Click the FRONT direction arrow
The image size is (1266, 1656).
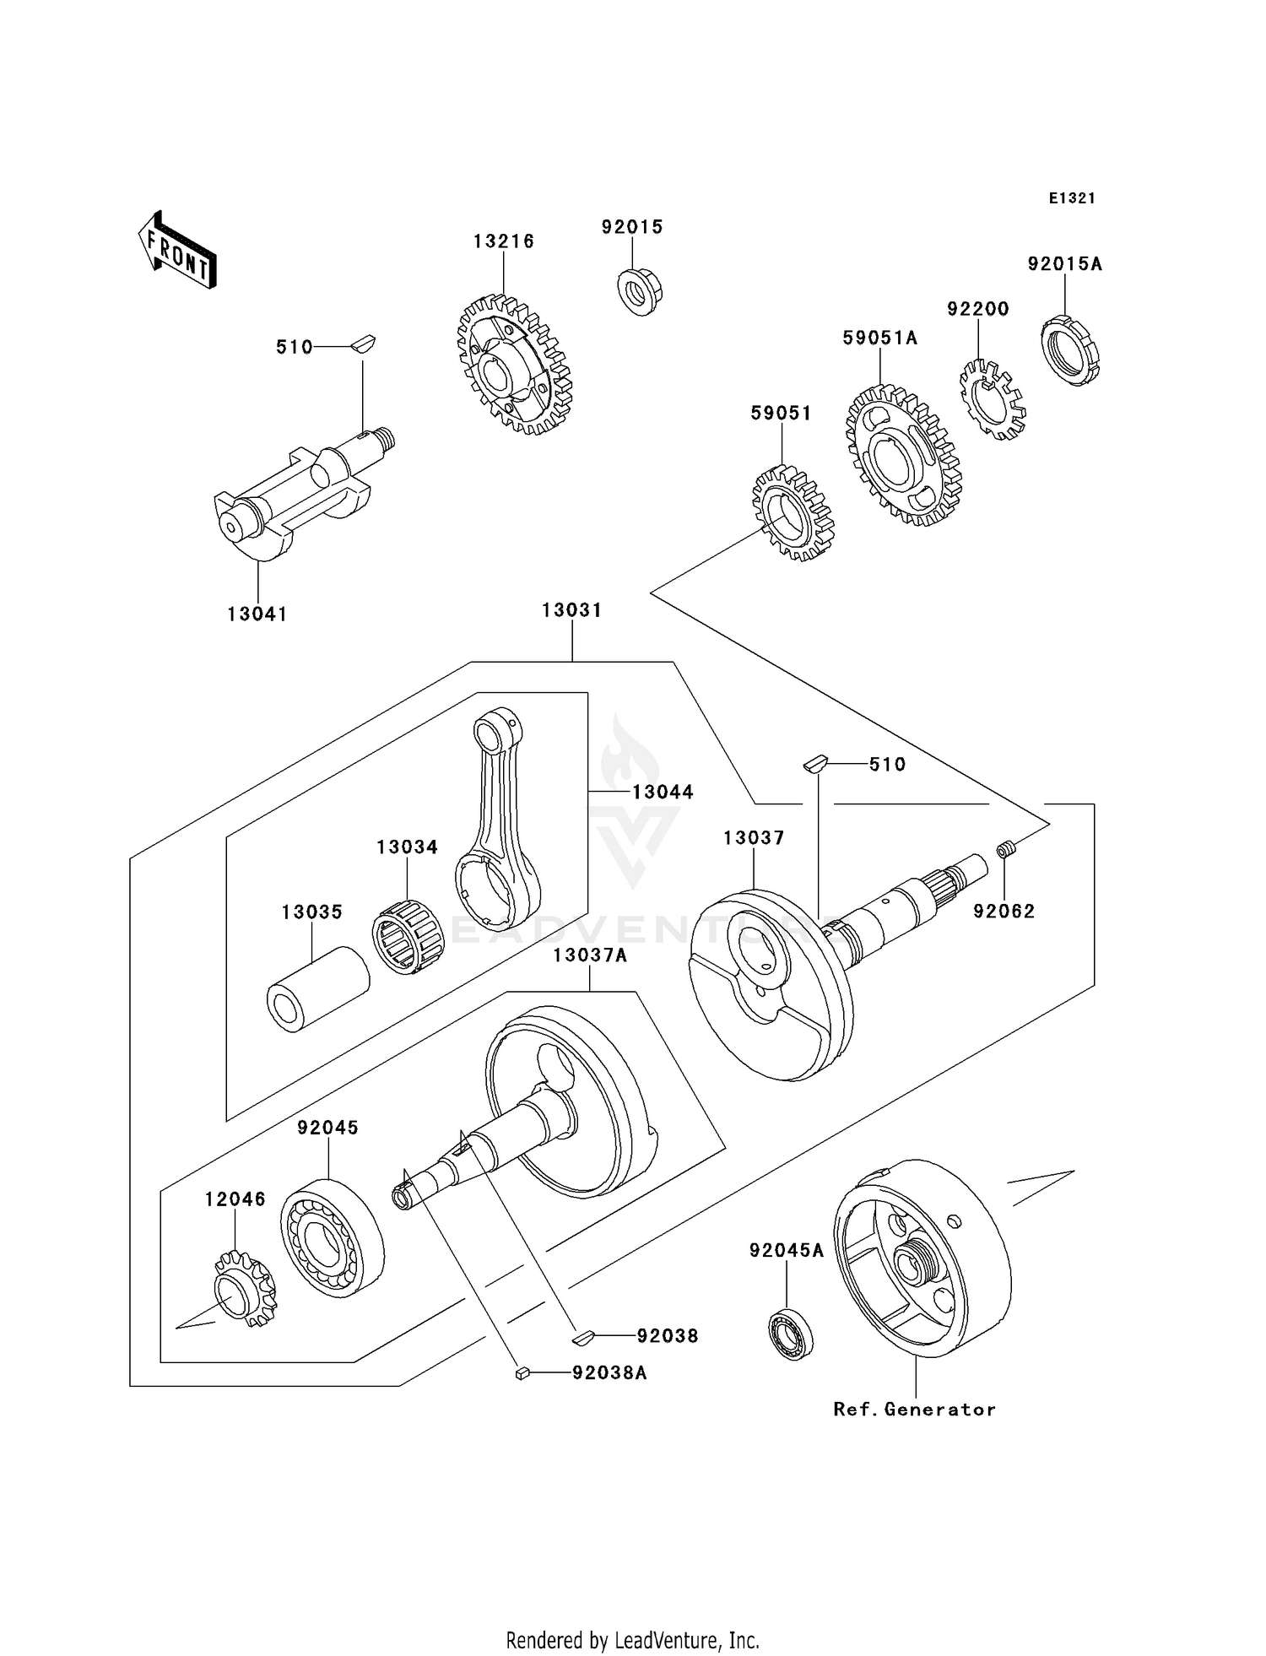pos(178,252)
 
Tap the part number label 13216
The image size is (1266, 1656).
pos(503,241)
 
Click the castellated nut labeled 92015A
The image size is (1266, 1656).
pos(1069,350)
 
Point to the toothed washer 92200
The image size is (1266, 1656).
pos(993,399)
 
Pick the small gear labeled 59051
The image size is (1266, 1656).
pos(793,513)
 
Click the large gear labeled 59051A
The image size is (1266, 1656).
pos(903,457)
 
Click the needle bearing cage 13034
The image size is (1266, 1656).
pos(408,937)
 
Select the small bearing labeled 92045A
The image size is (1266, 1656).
pos(791,1333)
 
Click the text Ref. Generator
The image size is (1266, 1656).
pos(914,1409)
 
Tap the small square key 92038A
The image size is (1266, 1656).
pos(522,1373)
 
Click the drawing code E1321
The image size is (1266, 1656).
pos(1072,198)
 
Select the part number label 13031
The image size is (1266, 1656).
pos(571,610)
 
